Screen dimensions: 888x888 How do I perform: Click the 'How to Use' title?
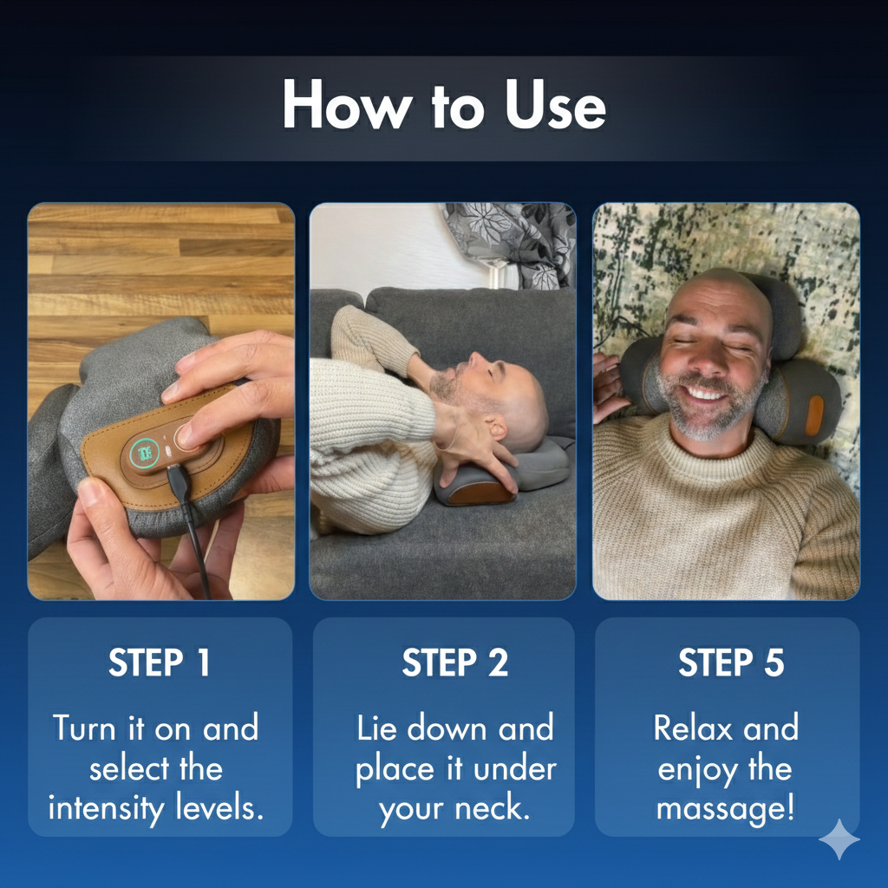click(443, 107)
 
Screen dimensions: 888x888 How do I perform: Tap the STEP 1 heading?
click(160, 663)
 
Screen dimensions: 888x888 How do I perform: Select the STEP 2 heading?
click(454, 663)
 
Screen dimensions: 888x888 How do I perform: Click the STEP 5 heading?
click(730, 663)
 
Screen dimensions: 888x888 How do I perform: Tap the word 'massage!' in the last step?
click(726, 808)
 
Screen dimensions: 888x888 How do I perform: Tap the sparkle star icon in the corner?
click(839, 839)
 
